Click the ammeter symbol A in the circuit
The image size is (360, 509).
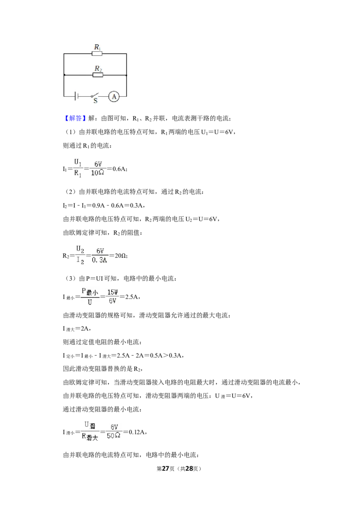[x=114, y=96]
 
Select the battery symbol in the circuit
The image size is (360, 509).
[x=76, y=96]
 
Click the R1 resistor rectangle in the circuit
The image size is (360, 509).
[x=97, y=54]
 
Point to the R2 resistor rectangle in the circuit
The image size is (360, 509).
[x=98, y=75]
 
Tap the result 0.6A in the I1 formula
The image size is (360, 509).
[x=119, y=169]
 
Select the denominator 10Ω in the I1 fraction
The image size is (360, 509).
[x=98, y=173]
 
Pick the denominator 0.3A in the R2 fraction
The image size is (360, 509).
[x=99, y=260]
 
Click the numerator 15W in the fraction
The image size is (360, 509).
[x=112, y=292]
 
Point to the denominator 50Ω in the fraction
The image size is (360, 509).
[x=113, y=436]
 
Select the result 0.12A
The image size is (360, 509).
[x=137, y=432]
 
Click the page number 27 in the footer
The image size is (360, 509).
[x=166, y=469]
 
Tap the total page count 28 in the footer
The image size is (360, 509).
[x=189, y=469]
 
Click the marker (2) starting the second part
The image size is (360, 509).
[x=71, y=192]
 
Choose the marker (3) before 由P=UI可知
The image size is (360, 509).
[x=71, y=278]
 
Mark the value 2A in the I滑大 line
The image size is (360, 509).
[x=85, y=329]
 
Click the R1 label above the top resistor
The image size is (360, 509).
[x=97, y=47]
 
